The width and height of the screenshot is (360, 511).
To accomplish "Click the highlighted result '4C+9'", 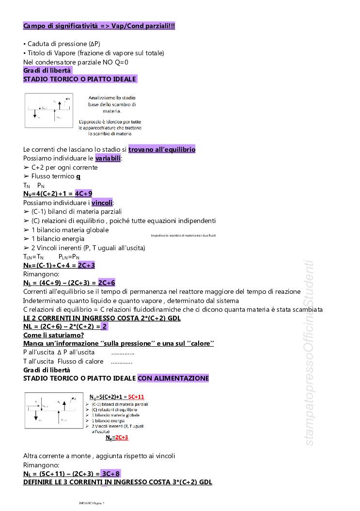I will [x=84, y=194].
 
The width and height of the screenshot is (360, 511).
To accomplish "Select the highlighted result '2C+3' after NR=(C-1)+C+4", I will [x=86, y=265].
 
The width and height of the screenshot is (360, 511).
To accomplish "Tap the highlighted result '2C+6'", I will [x=107, y=283].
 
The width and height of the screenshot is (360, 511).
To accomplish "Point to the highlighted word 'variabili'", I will [x=109, y=159].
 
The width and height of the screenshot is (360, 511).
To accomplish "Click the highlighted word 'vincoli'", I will [x=102, y=203].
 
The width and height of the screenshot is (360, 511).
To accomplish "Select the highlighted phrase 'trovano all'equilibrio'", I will [x=162, y=149].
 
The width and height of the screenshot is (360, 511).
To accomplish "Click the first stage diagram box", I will [x=48, y=111].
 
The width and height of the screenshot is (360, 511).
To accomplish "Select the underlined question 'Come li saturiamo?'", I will [x=53, y=335].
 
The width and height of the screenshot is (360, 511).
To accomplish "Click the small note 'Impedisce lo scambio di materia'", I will [x=183, y=236].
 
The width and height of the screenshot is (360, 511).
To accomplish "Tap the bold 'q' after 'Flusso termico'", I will [x=78, y=176].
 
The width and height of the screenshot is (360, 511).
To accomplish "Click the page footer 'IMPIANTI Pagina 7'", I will [x=92, y=503].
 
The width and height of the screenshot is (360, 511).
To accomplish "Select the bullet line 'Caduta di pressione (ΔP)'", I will [x=62, y=44].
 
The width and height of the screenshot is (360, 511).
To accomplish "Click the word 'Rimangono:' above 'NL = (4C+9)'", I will [x=41, y=274].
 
